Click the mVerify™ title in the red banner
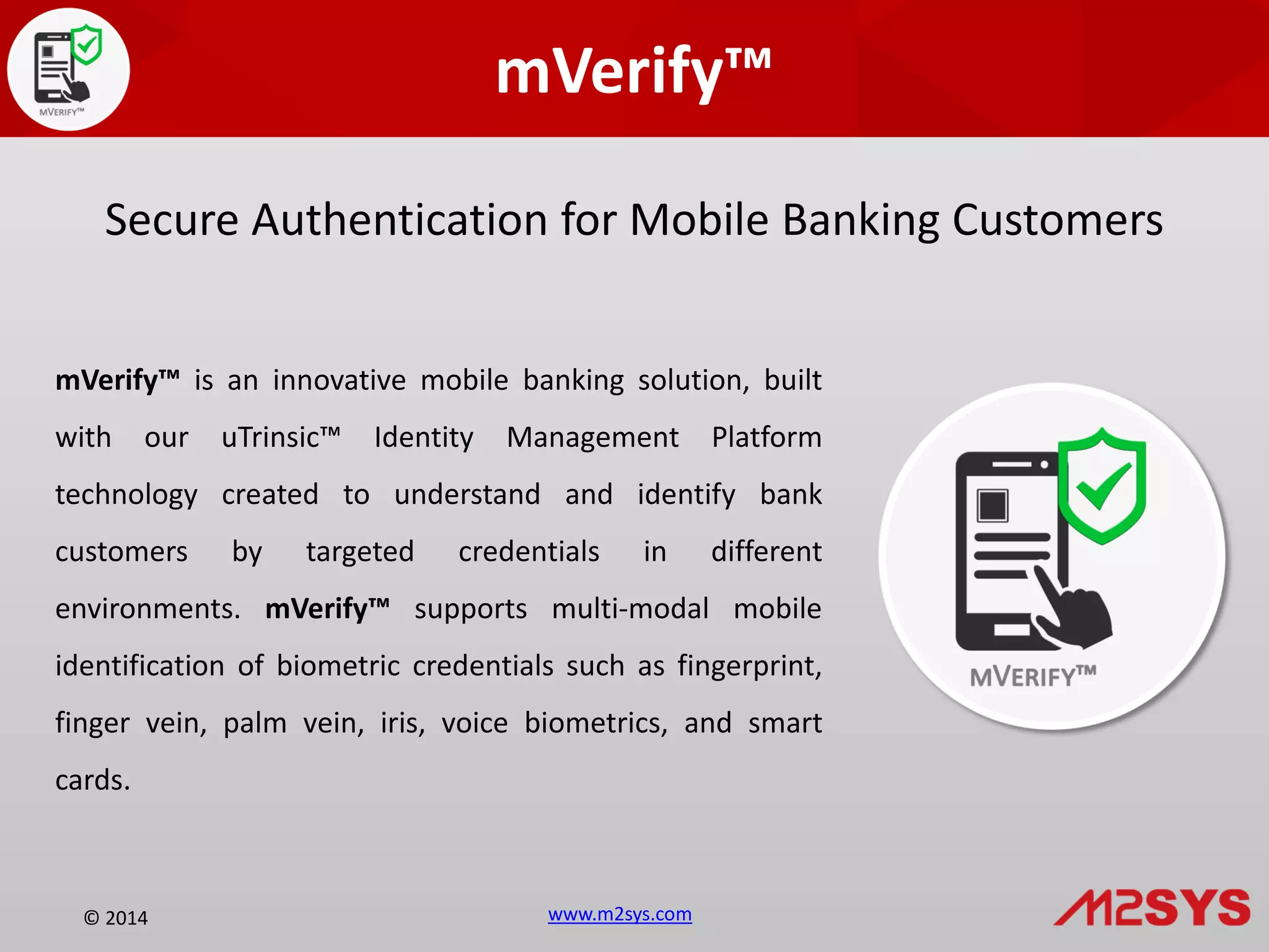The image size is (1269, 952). pyautogui.click(x=633, y=71)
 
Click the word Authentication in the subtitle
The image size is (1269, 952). pyautogui.click(x=399, y=220)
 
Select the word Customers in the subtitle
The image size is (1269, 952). pyautogui.click(x=1057, y=220)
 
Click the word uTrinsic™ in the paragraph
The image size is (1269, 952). pyautogui.click(x=281, y=438)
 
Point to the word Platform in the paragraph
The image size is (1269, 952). pyautogui.click(x=766, y=438)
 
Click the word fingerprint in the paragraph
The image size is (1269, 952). pyautogui.click(x=749, y=666)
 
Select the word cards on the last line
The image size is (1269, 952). pyautogui.click(x=92, y=780)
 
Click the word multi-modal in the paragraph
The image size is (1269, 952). pyautogui.click(x=630, y=609)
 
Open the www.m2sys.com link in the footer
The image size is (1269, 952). pyautogui.click(x=620, y=914)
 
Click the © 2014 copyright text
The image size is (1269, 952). pyautogui.click(x=116, y=918)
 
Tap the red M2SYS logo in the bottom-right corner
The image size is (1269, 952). pyautogui.click(x=1152, y=907)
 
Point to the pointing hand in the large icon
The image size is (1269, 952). pyautogui.click(x=1075, y=610)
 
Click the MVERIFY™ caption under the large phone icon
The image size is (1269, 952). pyautogui.click(x=1033, y=677)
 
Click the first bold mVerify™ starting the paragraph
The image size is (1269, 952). pyautogui.click(x=117, y=381)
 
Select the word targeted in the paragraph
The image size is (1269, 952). pyautogui.click(x=359, y=552)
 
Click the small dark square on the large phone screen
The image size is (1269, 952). pyautogui.click(x=992, y=506)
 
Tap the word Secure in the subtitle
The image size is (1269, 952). pyautogui.click(x=172, y=220)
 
